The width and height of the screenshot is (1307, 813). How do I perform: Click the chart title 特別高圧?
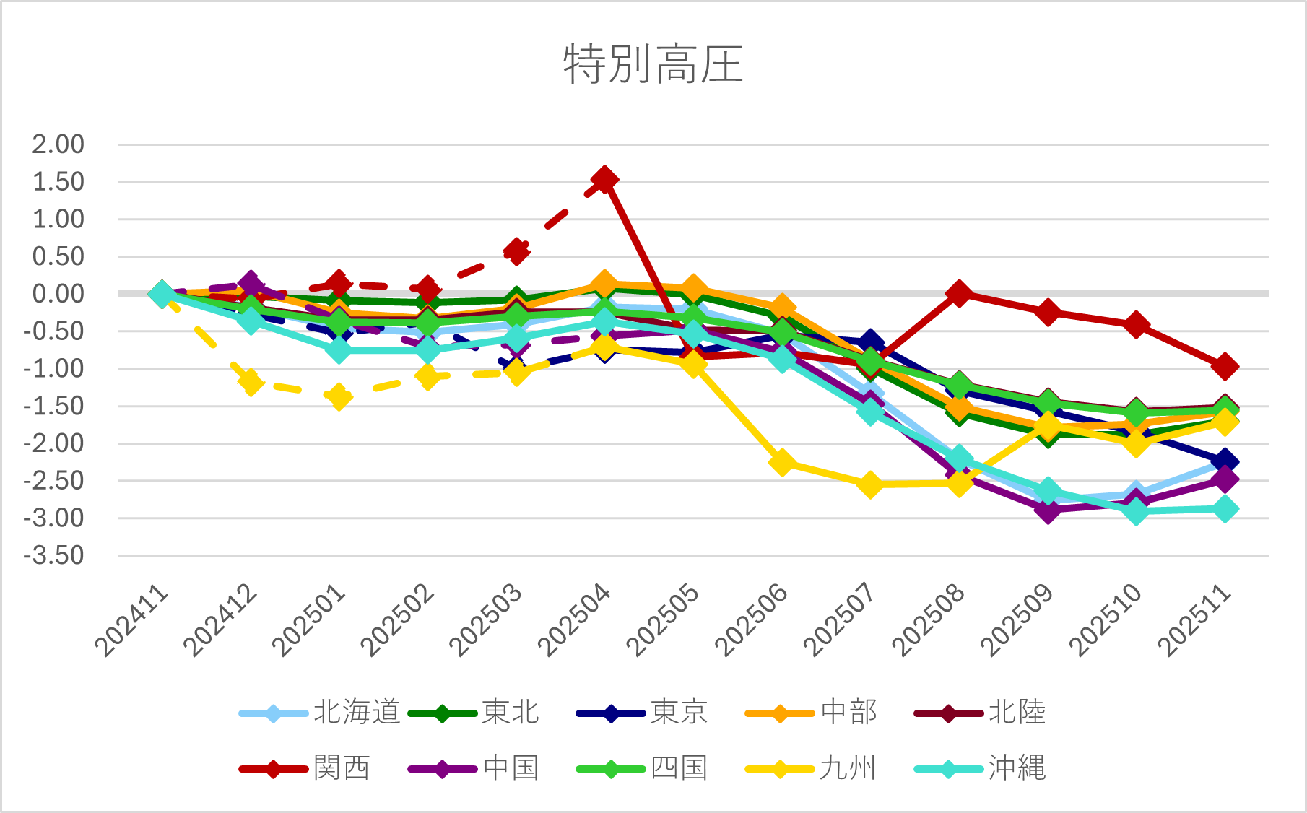pyautogui.click(x=653, y=64)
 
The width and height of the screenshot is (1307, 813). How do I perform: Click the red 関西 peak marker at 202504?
pyautogui.click(x=604, y=179)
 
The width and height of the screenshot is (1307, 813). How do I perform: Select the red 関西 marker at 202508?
pyautogui.click(x=959, y=293)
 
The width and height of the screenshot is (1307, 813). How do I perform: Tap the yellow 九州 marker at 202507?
pyautogui.click(x=870, y=484)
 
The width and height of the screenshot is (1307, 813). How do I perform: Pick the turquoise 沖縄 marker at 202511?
pyautogui.click(x=1225, y=509)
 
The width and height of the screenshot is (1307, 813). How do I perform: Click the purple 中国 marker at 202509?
pyautogui.click(x=1048, y=510)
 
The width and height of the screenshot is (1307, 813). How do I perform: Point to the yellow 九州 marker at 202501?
pyautogui.click(x=339, y=396)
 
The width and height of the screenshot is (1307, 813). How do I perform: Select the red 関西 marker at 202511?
pyautogui.click(x=1225, y=366)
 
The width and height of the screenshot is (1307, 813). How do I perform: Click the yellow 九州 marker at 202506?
pyautogui.click(x=782, y=462)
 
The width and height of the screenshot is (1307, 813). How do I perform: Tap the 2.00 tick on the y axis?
pyautogui.click(x=58, y=144)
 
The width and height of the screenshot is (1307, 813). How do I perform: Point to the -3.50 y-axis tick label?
pyautogui.click(x=54, y=556)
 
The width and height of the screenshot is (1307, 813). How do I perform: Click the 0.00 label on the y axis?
pyautogui.click(x=58, y=294)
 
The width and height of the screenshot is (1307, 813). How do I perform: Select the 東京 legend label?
pyautogui.click(x=679, y=713)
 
